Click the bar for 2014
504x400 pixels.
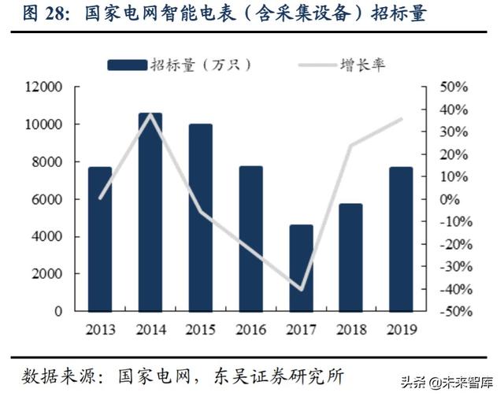150,213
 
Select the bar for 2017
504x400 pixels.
301,268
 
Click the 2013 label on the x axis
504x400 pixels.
99,329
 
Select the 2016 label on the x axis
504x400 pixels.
250,329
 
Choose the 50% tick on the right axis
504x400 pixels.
454,87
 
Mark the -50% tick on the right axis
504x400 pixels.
452,312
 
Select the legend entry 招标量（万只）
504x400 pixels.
181,65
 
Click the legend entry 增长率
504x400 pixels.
362,65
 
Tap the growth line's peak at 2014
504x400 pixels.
150,114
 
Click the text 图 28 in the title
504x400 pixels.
31,15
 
